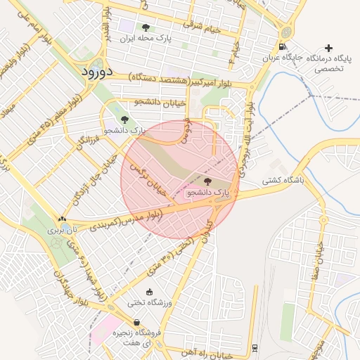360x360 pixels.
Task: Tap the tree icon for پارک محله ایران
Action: point(146,27)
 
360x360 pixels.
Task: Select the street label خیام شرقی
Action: point(202,28)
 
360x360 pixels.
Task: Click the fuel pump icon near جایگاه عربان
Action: point(282,48)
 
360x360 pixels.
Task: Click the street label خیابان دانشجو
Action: point(163,103)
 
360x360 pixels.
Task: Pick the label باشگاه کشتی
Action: point(284,181)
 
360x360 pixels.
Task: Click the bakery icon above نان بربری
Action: point(62,219)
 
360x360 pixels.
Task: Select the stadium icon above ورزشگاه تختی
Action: point(148,292)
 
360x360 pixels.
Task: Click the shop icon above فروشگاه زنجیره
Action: point(136,322)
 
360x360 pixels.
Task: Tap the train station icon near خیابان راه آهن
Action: point(254,347)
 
